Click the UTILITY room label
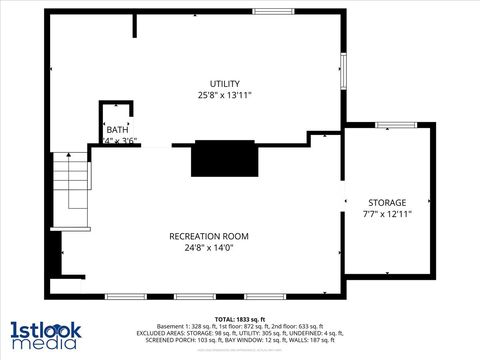(224, 83)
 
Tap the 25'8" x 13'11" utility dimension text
(224, 96)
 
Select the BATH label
(117, 129)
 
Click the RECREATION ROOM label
(208, 236)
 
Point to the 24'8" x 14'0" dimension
(208, 248)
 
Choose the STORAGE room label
(387, 202)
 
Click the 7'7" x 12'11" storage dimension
(387, 214)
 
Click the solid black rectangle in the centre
(223, 158)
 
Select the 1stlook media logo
(44, 335)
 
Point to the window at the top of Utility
(273, 11)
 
